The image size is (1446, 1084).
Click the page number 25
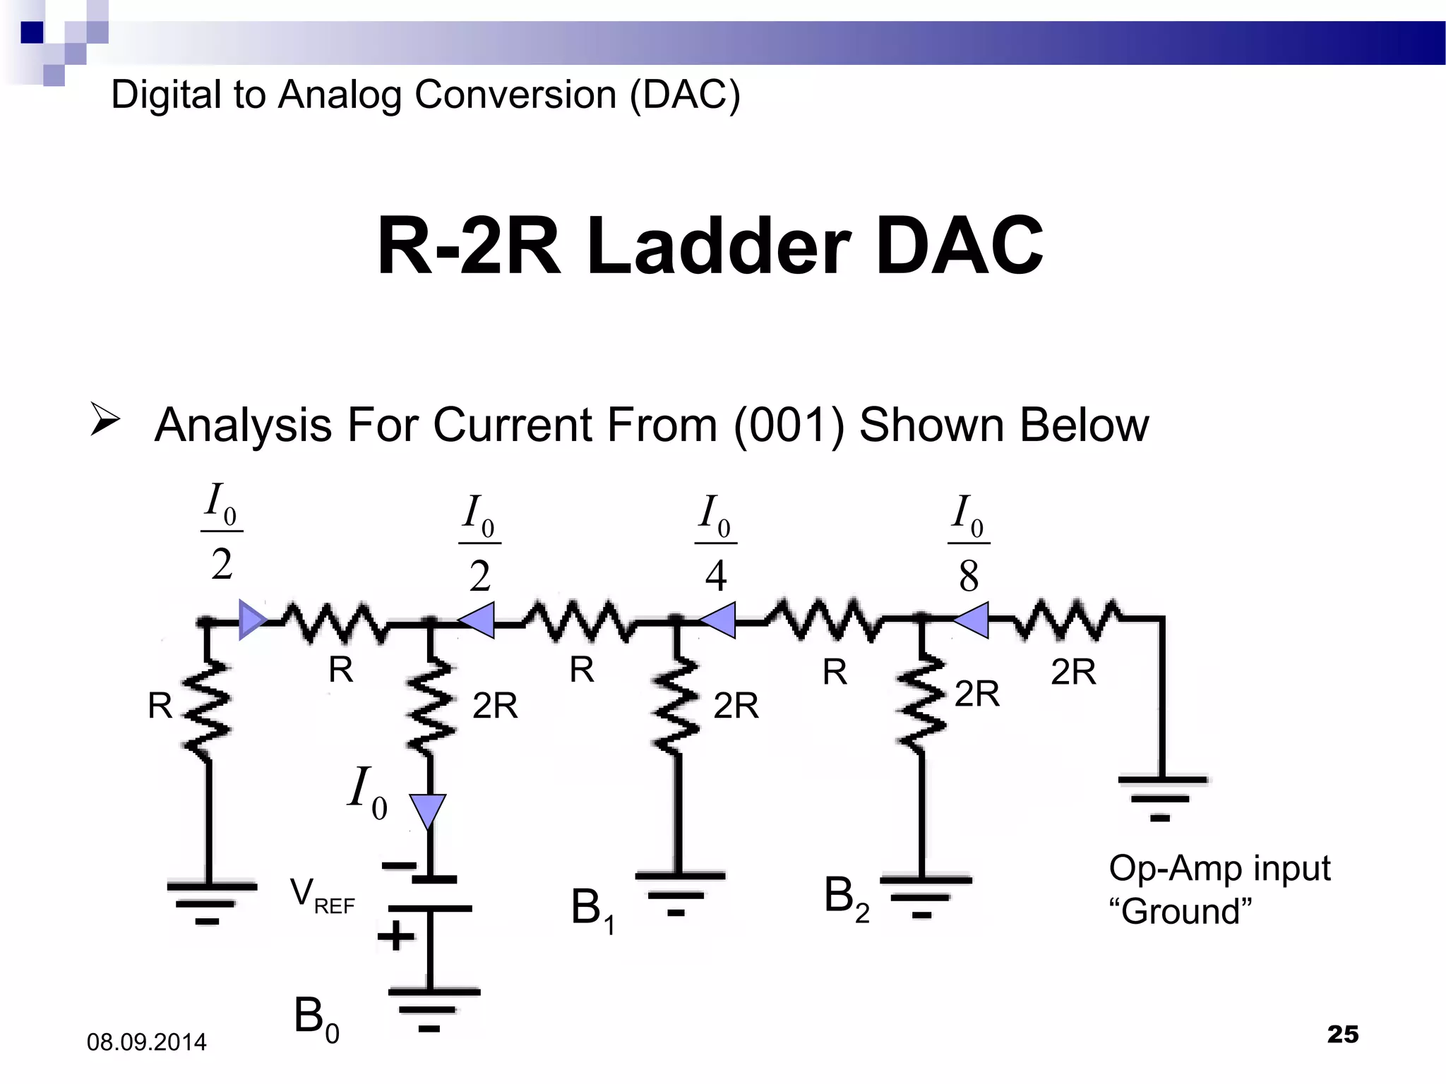pos(1342,1034)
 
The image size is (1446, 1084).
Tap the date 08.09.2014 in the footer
pos(146,1042)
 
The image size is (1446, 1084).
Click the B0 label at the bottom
pos(316,1019)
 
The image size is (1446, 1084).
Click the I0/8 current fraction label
pos(969,544)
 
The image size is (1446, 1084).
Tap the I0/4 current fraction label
pos(715,544)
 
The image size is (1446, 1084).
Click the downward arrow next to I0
pos(428,810)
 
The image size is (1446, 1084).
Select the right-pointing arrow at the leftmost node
pos(251,620)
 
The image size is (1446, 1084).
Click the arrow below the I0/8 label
pos(973,620)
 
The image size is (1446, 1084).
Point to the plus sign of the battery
pos(395,937)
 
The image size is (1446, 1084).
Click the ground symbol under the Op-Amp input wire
pos(1161,797)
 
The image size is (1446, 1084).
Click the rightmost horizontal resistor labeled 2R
pos(1066,620)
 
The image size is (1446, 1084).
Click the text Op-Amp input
pos(1219,868)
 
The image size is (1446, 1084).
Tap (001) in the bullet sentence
pos(789,426)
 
